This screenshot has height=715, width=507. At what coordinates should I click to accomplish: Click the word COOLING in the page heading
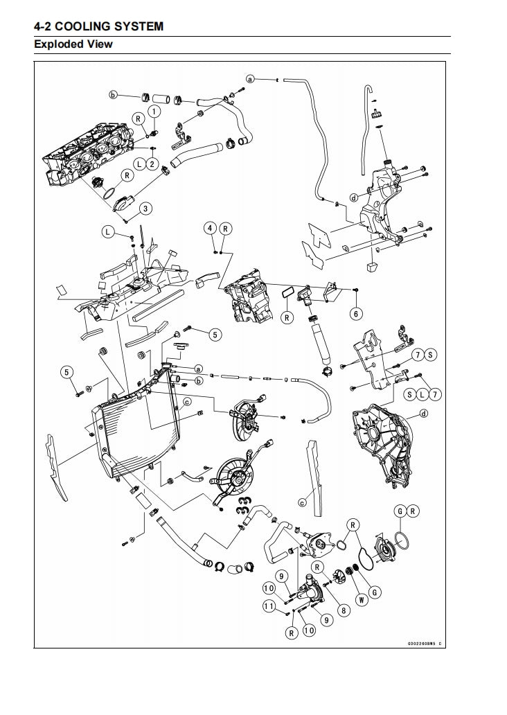pyautogui.click(x=87, y=26)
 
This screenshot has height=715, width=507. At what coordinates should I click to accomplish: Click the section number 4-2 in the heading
pyautogui.click(x=43, y=26)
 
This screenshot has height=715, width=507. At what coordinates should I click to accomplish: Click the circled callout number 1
pyautogui.click(x=153, y=110)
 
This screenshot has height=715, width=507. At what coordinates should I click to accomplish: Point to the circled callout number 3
pyautogui.click(x=145, y=208)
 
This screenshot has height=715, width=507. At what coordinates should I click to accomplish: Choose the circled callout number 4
pyautogui.click(x=210, y=228)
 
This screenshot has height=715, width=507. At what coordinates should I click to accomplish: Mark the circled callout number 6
pyautogui.click(x=356, y=314)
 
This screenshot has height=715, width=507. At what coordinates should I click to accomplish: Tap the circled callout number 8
pyautogui.click(x=343, y=610)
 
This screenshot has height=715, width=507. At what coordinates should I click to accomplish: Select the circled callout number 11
pyautogui.click(x=269, y=606)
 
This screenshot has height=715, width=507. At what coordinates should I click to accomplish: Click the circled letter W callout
pyautogui.click(x=360, y=599)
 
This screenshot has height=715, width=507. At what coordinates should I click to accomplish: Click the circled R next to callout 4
pyautogui.click(x=226, y=228)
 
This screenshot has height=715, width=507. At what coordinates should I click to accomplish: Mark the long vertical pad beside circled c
pyautogui.click(x=314, y=478)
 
